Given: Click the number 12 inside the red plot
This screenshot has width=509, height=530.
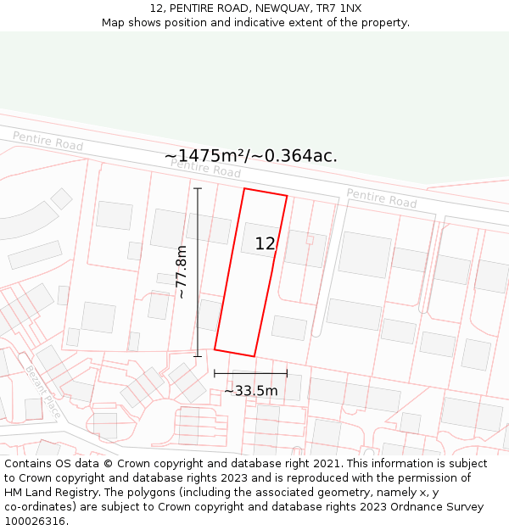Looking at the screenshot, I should pyautogui.click(x=266, y=244).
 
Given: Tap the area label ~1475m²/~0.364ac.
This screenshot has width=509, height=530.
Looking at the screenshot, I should pyautogui.click(x=250, y=156).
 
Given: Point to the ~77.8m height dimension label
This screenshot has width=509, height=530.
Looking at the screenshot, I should pyautogui.click(x=180, y=271).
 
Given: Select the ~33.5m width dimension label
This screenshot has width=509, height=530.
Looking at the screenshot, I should pyautogui.click(x=251, y=391).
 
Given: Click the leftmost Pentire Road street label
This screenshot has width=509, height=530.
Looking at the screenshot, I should pyautogui.click(x=48, y=142).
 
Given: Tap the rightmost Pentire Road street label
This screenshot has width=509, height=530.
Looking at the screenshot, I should pyautogui.click(x=382, y=198).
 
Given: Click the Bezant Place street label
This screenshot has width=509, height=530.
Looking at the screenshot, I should pyautogui.click(x=41, y=393).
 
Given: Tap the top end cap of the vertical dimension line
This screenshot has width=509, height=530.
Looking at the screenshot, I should pyautogui.click(x=198, y=188).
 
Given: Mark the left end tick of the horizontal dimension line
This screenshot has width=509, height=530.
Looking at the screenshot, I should pyautogui.click(x=215, y=373).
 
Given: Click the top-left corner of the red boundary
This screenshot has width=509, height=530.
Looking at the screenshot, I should pyautogui.click(x=244, y=188).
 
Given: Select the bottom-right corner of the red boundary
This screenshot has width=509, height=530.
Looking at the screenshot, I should pyautogui.click(x=255, y=356).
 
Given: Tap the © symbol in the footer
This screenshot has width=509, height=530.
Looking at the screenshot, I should pyautogui.click(x=108, y=464).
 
